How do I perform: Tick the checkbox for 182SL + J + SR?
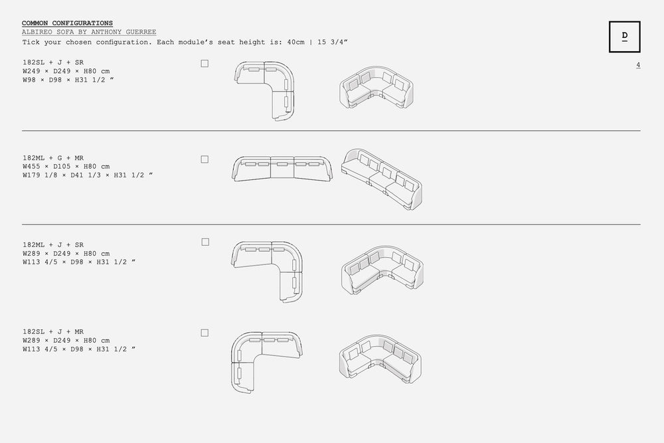[x=205, y=64]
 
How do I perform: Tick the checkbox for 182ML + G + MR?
[x=205, y=159]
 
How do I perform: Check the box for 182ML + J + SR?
[x=205, y=242]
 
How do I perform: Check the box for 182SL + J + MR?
[x=205, y=333]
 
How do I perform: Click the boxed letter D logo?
[x=625, y=37]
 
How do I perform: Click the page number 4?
[x=637, y=65]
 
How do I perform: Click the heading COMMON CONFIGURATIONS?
[x=67, y=23]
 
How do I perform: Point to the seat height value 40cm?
[x=295, y=43]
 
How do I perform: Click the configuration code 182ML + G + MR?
[x=53, y=158]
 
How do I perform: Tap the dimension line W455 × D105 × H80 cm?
[x=66, y=167]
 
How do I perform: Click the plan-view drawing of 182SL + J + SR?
[x=265, y=91]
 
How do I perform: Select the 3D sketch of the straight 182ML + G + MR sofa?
[x=382, y=179]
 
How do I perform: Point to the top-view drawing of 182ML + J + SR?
[x=267, y=272]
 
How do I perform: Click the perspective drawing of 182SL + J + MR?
[x=380, y=359]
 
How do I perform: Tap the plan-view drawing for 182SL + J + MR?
[x=267, y=363]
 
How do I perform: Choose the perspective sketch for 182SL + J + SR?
[x=376, y=87]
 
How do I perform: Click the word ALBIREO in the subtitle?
[x=37, y=32]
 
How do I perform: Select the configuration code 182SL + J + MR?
[x=53, y=331]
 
